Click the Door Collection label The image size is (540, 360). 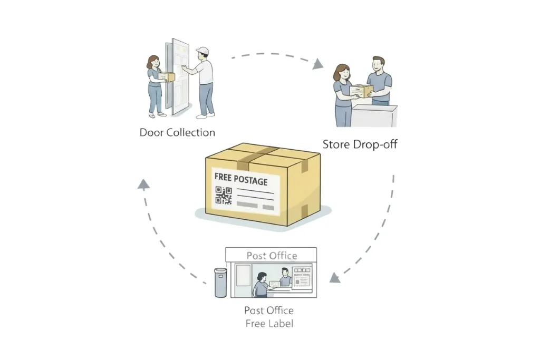[177, 132]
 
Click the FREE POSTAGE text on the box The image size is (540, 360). [241, 180]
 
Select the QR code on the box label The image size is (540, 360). [224, 196]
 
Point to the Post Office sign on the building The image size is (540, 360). [272, 256]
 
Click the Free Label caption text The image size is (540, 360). [269, 323]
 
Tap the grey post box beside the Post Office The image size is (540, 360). [220, 283]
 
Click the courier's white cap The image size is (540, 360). [202, 51]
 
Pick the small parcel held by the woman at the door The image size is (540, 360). [167, 77]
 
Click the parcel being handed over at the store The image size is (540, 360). [361, 91]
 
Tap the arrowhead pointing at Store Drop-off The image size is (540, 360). [317, 64]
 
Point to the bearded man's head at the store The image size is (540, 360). [378, 65]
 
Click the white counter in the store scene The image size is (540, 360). [374, 116]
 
